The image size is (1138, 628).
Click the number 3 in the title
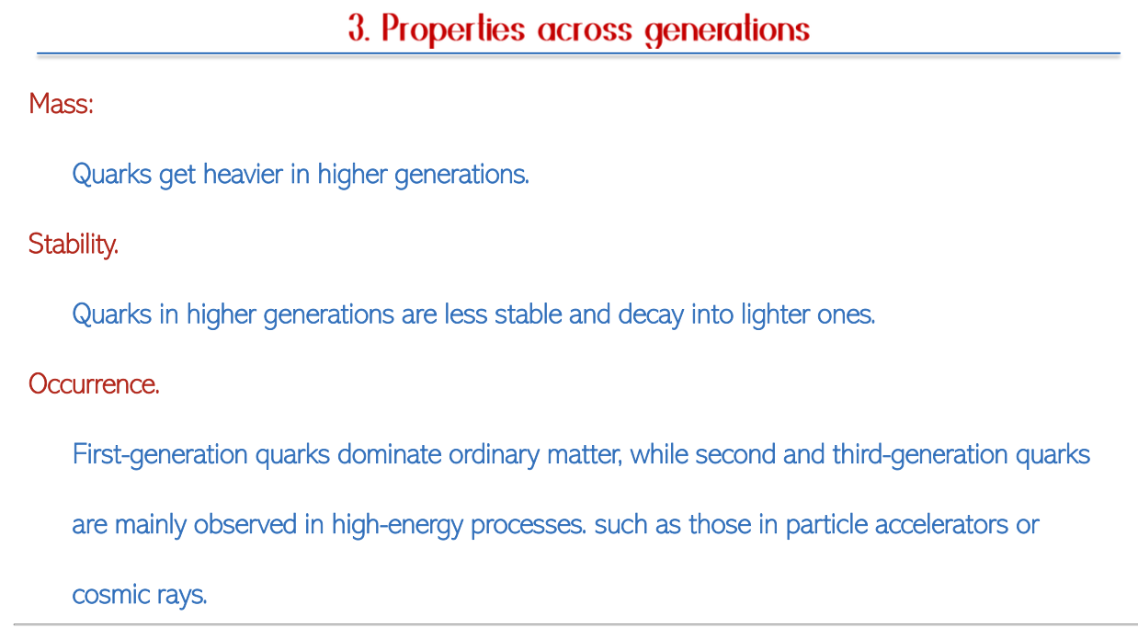pyautogui.click(x=358, y=28)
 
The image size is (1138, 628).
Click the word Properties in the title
pyautogui.click(x=453, y=29)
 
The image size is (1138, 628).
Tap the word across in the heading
pyautogui.click(x=585, y=30)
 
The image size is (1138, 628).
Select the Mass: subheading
pyautogui.click(x=61, y=104)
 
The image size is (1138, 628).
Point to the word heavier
pyautogui.click(x=243, y=175)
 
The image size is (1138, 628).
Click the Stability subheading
pyautogui.click(x=74, y=245)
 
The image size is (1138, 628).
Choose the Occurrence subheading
pyautogui.click(x=94, y=384)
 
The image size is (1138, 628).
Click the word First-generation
pyautogui.click(x=160, y=455)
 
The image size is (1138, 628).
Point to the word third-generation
pyautogui.click(x=920, y=455)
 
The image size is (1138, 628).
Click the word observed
pyautogui.click(x=245, y=524)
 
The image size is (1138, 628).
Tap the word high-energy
pyautogui.click(x=397, y=525)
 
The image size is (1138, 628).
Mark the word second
pyautogui.click(x=735, y=454)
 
